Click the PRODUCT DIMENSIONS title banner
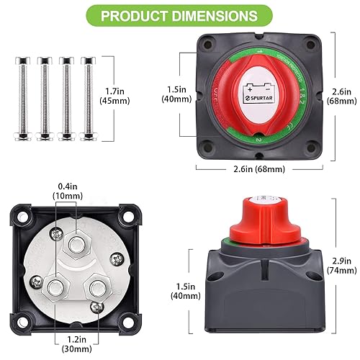pos(179,16)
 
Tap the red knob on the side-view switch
pos(256,215)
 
